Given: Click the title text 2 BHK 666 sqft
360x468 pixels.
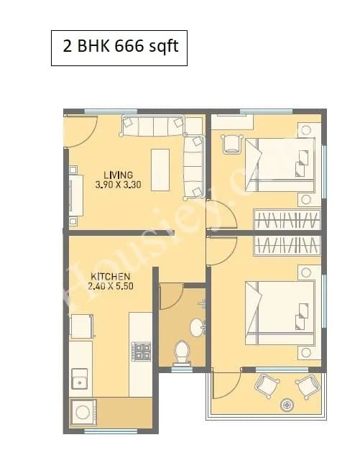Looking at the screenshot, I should (119, 48).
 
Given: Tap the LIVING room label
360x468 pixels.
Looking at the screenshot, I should (118, 175).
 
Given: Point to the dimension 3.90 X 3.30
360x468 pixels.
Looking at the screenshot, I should (118, 184).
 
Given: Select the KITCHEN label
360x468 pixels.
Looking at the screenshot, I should (110, 276).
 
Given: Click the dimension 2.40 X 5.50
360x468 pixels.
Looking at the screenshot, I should (110, 285).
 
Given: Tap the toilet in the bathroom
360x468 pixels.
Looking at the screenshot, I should (183, 352).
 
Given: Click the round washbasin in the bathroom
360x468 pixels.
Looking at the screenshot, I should (197, 327).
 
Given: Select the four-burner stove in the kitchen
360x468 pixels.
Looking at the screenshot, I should (142, 352).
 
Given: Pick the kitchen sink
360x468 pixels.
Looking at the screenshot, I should (78, 380).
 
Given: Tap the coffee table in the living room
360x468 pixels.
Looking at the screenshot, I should (160, 170).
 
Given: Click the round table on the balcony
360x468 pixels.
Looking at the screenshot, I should (288, 405).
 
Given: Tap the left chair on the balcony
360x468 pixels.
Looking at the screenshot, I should (265, 387).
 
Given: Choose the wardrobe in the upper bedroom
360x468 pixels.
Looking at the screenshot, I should (286, 219).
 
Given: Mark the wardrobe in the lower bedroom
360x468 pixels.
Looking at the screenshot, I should (286, 244).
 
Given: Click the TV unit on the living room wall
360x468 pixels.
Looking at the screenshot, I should (74, 194).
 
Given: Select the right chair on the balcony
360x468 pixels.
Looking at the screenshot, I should (309, 387).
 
